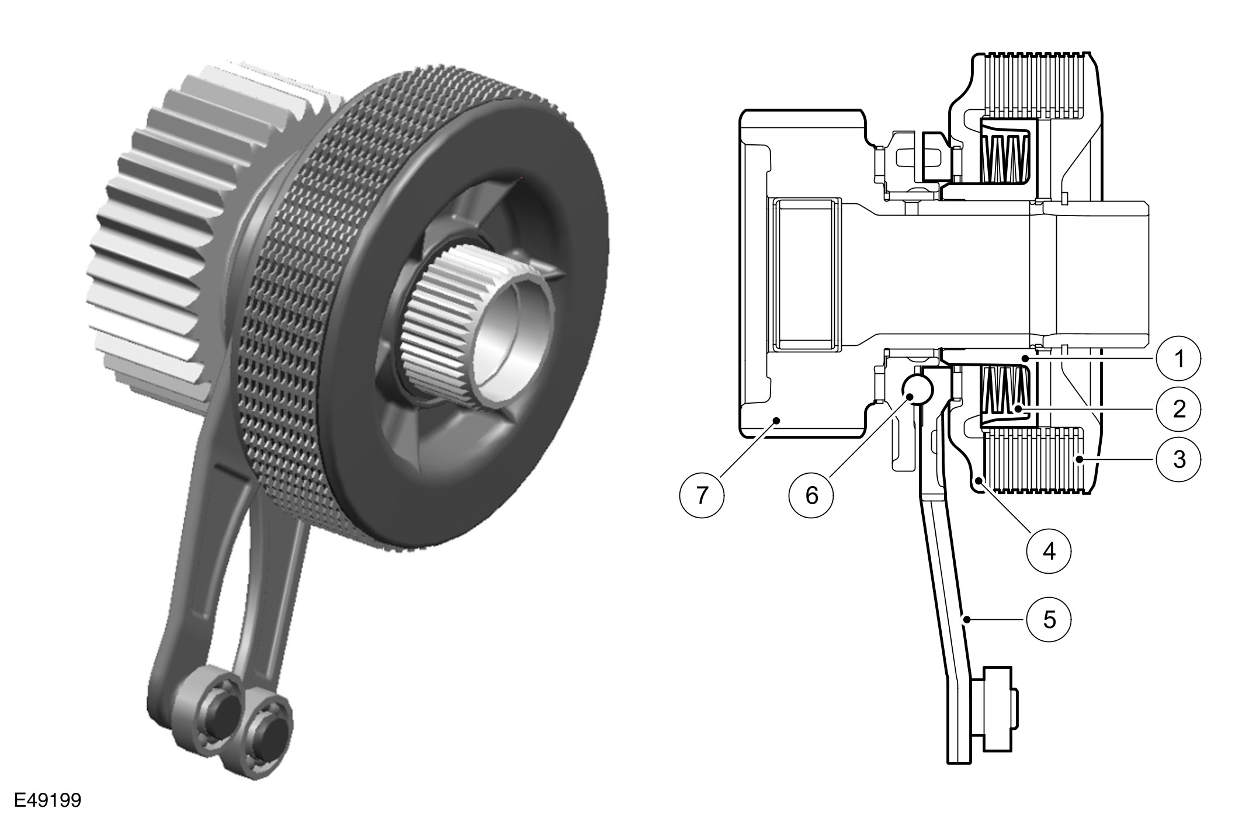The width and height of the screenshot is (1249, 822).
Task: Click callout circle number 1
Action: point(1179,358)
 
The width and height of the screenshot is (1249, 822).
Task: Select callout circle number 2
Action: point(1179,409)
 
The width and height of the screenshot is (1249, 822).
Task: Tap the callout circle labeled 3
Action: point(1179,459)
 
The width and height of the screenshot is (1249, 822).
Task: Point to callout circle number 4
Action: point(1049,550)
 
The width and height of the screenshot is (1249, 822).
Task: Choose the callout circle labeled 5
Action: point(1049,619)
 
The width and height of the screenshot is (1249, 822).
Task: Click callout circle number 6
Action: point(811,495)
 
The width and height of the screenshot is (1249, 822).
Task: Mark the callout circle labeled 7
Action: point(702,495)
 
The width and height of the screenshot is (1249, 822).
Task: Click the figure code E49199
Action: point(48,800)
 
